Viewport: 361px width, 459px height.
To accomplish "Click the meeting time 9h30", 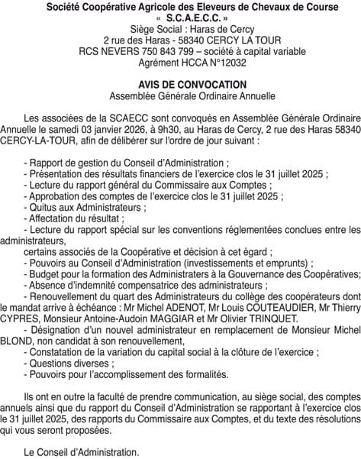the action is [165, 131].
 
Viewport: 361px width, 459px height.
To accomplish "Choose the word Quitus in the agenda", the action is [47, 207].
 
